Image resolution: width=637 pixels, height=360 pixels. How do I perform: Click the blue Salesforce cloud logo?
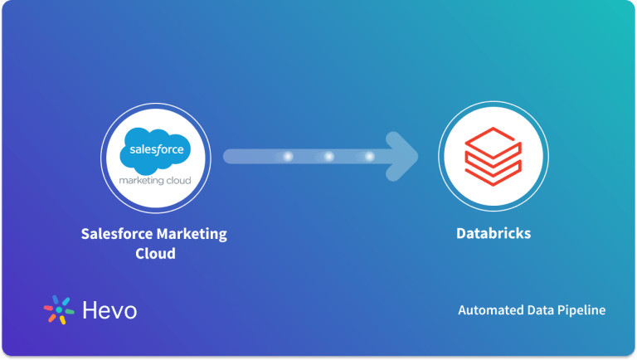coord(155,149)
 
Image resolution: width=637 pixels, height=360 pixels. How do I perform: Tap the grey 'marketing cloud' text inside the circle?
coord(155,180)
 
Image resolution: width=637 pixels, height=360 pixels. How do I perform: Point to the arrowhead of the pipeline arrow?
coord(406,156)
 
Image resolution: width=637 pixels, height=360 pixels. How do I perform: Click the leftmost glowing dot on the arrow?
coord(289,156)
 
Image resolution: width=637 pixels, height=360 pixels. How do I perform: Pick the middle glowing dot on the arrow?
coord(329,156)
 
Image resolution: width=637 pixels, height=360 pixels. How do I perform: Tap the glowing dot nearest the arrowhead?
coord(369,156)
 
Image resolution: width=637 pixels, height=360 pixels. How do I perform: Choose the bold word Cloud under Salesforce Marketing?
coord(155,253)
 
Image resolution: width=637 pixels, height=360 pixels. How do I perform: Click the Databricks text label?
coord(493,234)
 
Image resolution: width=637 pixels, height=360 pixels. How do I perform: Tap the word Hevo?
coord(110,310)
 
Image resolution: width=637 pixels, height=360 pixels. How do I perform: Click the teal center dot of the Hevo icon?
coord(59,310)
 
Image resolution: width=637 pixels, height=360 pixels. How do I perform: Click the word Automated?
coord(490,310)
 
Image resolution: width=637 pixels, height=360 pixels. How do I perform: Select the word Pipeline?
coord(581,310)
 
